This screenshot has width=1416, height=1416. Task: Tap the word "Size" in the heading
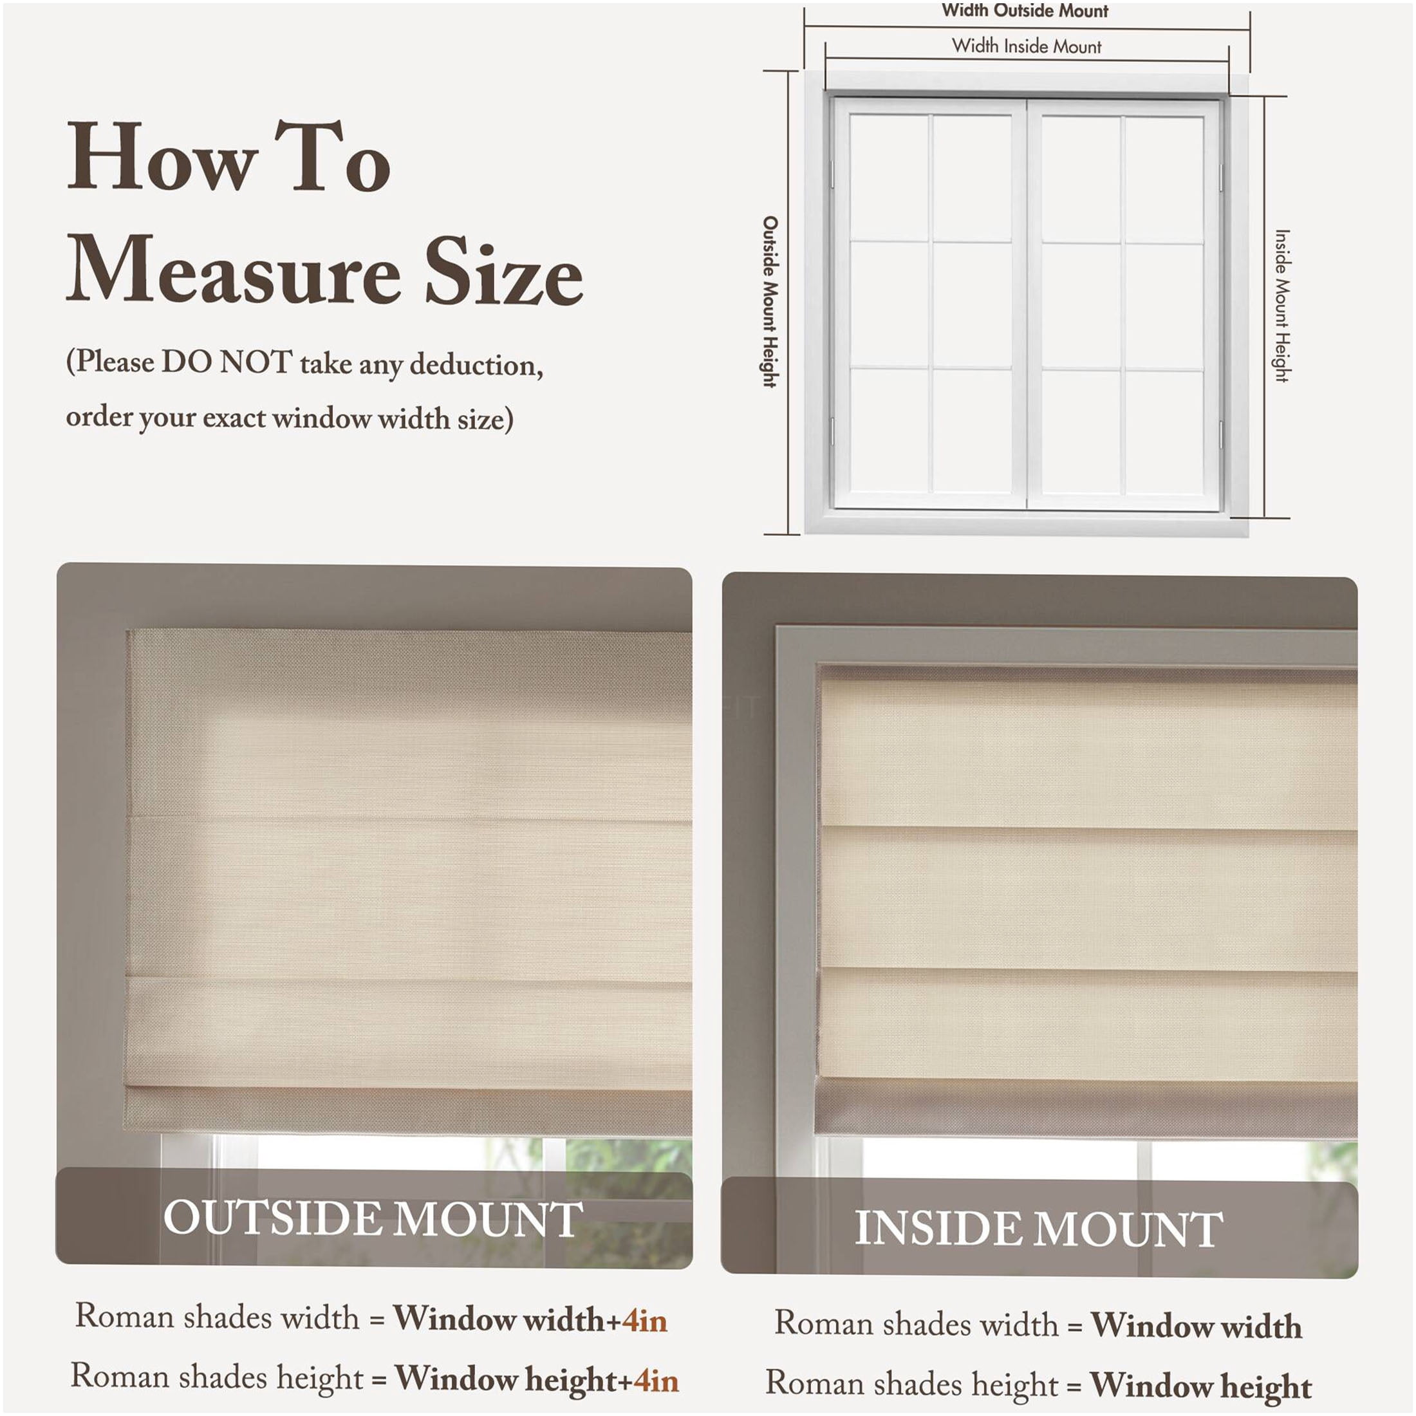pyautogui.click(x=504, y=270)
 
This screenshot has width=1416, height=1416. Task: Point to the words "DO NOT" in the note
pyautogui.click(x=227, y=363)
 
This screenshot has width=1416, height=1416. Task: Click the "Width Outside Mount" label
pyautogui.click(x=1025, y=11)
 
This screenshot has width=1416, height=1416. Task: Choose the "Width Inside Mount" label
pyautogui.click(x=1026, y=46)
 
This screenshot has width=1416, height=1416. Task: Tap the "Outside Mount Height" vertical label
pyautogui.click(x=770, y=301)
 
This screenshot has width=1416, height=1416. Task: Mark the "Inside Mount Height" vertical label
pyautogui.click(x=1282, y=306)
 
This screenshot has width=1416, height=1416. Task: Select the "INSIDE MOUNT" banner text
pyautogui.click(x=1039, y=1227)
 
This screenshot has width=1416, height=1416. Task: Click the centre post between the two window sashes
pyautogui.click(x=1026, y=304)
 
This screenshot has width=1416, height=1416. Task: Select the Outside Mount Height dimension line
pyautogui.click(x=788, y=302)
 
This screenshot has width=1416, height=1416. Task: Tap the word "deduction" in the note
pyautogui.click(x=476, y=364)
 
